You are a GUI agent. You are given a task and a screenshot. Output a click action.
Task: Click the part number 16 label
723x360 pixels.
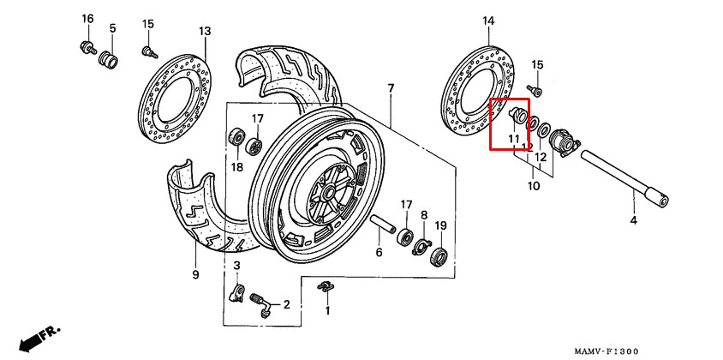[x=87, y=19]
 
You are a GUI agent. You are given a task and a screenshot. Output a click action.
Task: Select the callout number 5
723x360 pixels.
[x=113, y=28]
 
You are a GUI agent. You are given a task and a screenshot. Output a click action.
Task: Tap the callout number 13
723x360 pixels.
[x=206, y=32]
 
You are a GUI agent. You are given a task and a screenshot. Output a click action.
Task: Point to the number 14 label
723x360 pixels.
[x=488, y=21]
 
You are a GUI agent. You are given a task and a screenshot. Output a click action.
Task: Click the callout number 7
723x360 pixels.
[x=391, y=87]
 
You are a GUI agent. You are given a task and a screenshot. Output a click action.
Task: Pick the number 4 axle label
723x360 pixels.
[x=634, y=220]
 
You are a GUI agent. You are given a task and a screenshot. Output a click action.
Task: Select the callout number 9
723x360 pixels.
[x=195, y=275]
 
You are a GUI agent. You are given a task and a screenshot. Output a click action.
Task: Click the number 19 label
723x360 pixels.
[x=441, y=225]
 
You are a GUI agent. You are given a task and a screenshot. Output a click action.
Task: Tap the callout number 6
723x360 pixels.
[x=379, y=253]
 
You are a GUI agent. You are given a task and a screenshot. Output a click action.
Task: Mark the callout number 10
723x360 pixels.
[x=534, y=187]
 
